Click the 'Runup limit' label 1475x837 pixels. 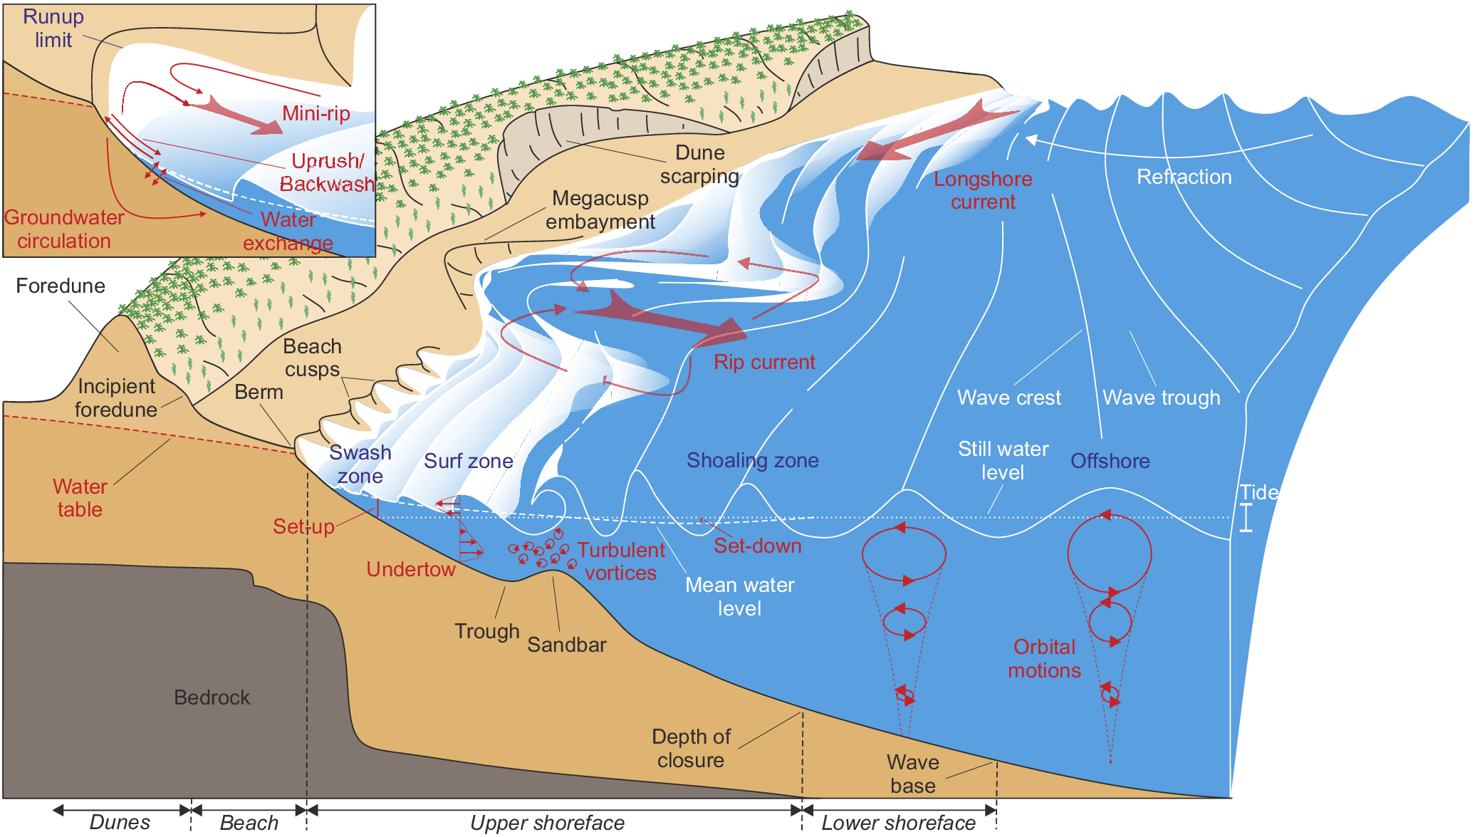(x=53, y=28)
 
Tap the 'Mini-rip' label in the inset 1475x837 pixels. (x=316, y=113)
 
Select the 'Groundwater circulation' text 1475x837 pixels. (x=64, y=229)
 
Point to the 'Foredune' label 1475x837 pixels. (x=61, y=286)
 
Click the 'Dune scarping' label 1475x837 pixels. (x=699, y=165)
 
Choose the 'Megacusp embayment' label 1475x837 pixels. (x=600, y=209)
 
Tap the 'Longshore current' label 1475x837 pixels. (x=983, y=190)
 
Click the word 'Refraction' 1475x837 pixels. (x=1184, y=177)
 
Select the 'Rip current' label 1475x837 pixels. (x=764, y=362)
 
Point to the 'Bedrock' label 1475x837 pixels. (x=212, y=697)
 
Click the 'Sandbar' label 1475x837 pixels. (x=567, y=645)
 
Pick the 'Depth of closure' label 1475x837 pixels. (x=691, y=748)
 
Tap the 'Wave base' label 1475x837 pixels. (x=913, y=774)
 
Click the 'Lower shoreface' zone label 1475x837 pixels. (x=899, y=823)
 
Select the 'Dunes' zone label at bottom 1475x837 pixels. (x=120, y=822)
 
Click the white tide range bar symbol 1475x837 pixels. (x=1246, y=518)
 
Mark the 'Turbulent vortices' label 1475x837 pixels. (x=621, y=561)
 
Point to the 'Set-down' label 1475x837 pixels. (x=758, y=546)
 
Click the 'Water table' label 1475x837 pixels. (x=80, y=498)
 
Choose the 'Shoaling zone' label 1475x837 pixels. (x=752, y=460)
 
